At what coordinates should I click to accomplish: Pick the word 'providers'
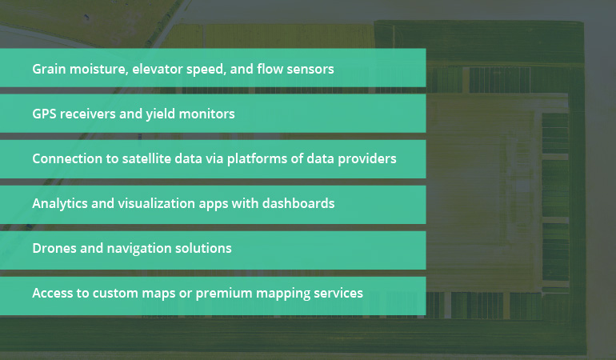[x=367, y=158]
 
